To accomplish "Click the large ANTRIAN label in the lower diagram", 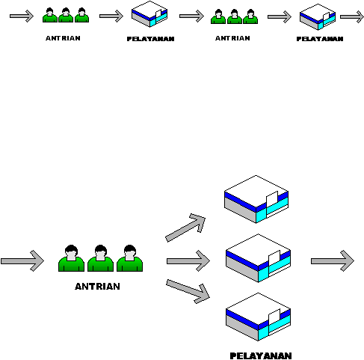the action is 97,286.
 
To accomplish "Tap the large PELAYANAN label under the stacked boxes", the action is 261,356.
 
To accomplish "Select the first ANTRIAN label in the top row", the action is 63,38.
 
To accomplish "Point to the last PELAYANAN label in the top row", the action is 320,39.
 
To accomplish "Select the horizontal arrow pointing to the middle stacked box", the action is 188,261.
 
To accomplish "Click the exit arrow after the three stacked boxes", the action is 333,261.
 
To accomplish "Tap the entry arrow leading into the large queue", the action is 22,261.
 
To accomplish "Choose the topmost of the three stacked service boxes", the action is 256,199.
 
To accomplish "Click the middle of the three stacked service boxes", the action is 258,258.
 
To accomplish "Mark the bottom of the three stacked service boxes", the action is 258,317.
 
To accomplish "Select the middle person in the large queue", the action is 100,258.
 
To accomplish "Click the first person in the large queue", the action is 71,258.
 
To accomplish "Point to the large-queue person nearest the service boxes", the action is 129,258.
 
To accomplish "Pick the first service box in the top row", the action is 149,14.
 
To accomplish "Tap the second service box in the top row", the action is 318,17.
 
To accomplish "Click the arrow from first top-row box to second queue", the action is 191,16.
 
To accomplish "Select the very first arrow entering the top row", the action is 22,16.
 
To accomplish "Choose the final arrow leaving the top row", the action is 352,17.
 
